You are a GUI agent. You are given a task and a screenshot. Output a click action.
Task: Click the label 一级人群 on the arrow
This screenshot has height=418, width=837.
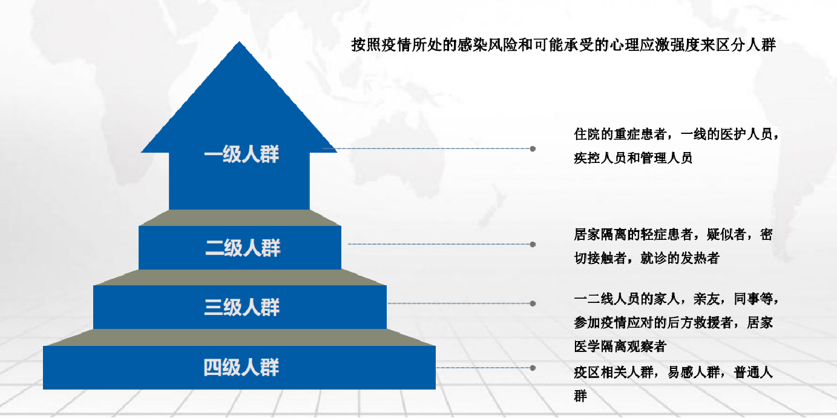(x=241, y=154)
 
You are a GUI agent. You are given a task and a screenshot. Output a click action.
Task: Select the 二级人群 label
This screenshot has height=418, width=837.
(x=243, y=248)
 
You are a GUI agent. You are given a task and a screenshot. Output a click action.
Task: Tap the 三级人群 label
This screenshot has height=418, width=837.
(x=241, y=307)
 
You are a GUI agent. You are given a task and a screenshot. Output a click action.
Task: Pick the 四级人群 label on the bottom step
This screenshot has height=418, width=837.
(x=241, y=367)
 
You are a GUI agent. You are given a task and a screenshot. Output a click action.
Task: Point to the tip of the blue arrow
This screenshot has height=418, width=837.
(x=239, y=42)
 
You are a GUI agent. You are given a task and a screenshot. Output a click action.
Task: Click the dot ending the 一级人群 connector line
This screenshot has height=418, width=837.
(x=533, y=149)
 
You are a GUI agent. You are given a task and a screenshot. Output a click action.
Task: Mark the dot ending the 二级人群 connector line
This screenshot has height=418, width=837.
(x=533, y=245)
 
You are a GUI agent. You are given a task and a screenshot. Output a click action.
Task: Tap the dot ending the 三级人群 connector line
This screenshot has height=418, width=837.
(x=533, y=304)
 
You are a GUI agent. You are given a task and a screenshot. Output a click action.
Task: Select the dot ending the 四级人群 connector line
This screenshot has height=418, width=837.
(x=533, y=368)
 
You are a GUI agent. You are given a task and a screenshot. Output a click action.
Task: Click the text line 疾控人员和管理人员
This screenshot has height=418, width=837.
(x=634, y=158)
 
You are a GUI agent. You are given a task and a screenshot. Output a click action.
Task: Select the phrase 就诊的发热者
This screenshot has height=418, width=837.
(x=680, y=258)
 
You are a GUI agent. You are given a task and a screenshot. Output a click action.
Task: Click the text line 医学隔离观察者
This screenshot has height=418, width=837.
(x=620, y=347)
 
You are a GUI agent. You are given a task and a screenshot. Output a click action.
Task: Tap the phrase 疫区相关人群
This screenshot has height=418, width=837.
(x=614, y=373)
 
